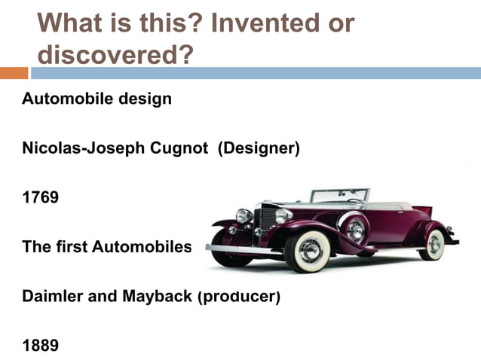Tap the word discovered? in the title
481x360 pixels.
point(114,55)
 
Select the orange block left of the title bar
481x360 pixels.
point(14,73)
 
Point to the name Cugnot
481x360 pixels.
point(180,148)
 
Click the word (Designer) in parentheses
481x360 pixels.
point(259,148)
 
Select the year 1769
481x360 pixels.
point(40,197)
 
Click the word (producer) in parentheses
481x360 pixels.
point(238,297)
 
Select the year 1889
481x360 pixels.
point(40,346)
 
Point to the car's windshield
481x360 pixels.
point(339,196)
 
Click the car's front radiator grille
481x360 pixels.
point(265,221)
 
